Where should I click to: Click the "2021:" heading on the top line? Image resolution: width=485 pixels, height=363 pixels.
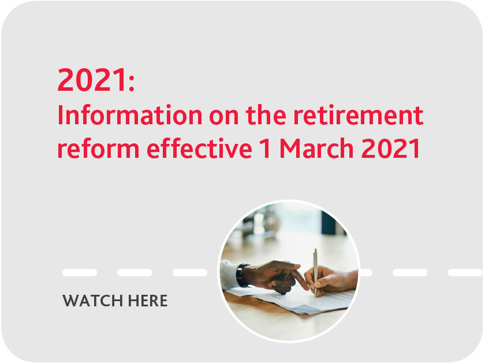[x=96, y=80]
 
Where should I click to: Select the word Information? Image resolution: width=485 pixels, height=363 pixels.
[x=130, y=115]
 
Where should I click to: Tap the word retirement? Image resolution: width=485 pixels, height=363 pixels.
[x=358, y=115]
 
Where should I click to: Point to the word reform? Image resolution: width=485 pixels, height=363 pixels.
[x=98, y=149]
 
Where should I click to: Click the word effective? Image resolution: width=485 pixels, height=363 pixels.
[x=200, y=149]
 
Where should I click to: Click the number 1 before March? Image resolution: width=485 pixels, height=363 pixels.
[x=266, y=149]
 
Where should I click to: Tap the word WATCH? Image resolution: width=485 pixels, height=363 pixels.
[x=92, y=301]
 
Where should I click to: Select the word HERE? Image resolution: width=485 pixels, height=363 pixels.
[x=148, y=301]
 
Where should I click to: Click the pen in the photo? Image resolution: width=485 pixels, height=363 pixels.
[x=315, y=272]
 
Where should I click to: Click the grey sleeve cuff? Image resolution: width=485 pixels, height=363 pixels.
[x=228, y=275]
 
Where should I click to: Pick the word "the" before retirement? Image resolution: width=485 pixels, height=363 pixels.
[x=266, y=115]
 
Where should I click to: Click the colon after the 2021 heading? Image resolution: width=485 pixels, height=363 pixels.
[x=132, y=84]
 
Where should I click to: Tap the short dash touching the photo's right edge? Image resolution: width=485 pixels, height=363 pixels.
[x=366, y=273]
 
